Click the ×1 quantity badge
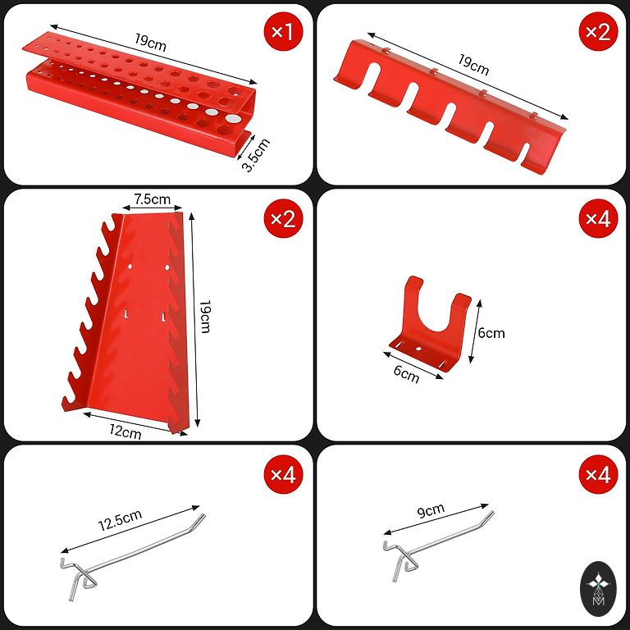click(x=283, y=31)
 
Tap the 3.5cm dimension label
click(x=256, y=155)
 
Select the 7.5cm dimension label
click(x=153, y=199)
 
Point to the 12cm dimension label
click(x=126, y=431)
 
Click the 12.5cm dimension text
click(x=120, y=520)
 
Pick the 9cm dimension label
click(x=431, y=510)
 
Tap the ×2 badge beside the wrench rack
click(x=283, y=219)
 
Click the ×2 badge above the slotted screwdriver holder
click(x=598, y=31)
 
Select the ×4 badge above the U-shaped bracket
click(x=598, y=219)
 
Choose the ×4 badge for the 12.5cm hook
click(x=283, y=475)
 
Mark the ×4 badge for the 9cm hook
click(x=598, y=475)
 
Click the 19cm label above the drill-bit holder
click(x=150, y=42)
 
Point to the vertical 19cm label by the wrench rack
click(x=205, y=317)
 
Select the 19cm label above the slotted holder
click(x=473, y=66)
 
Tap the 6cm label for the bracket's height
click(x=491, y=334)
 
